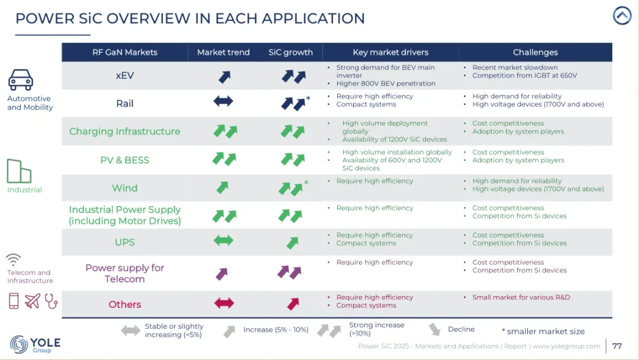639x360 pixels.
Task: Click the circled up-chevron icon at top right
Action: point(622,15)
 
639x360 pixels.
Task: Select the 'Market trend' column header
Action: point(223,52)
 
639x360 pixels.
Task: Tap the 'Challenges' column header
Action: point(535,52)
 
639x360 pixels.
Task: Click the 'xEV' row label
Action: point(124,76)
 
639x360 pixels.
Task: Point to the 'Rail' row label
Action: point(124,104)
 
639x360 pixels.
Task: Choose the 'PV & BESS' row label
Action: point(124,160)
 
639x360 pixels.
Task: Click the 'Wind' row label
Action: point(124,188)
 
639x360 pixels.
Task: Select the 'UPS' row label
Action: point(124,242)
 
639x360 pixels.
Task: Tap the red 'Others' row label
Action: point(124,304)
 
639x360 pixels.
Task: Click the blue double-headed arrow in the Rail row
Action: point(223,102)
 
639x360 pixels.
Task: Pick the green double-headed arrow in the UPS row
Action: point(223,240)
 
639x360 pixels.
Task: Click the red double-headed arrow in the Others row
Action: point(223,303)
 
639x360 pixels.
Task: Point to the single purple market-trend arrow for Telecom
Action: point(222,274)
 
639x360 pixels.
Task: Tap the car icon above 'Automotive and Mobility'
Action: point(21,80)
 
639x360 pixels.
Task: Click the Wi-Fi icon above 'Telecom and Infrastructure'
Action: point(14,260)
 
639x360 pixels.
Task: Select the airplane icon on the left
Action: point(33,301)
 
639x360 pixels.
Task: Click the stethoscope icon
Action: point(51,301)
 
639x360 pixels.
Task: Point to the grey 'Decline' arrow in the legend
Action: point(435,330)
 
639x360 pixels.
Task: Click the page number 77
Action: point(617,346)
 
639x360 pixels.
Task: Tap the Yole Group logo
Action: point(35,344)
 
